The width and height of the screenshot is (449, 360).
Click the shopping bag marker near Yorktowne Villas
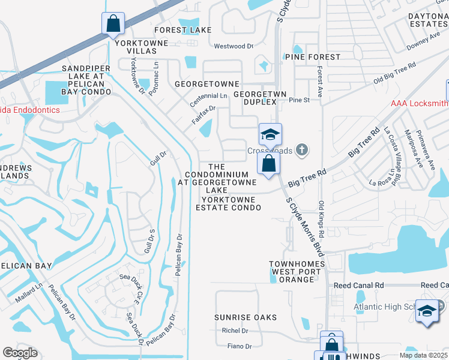point(113,24)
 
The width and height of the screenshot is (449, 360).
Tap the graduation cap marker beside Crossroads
point(270,134)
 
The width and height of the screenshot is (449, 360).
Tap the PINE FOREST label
point(312,57)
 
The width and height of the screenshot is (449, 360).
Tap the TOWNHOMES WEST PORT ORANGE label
point(297,272)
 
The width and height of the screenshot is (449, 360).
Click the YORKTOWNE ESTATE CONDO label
point(228,203)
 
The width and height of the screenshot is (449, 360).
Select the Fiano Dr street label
point(240,346)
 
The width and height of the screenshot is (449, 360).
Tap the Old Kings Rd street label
point(322,218)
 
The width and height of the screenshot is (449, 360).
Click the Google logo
point(20,352)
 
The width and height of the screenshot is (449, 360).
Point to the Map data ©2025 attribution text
point(423,355)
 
